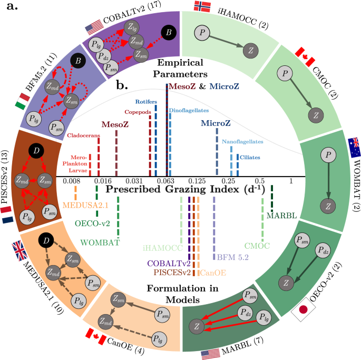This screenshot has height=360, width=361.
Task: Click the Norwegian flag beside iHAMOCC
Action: [202, 7]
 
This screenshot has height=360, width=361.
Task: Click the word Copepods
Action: [138, 112]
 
